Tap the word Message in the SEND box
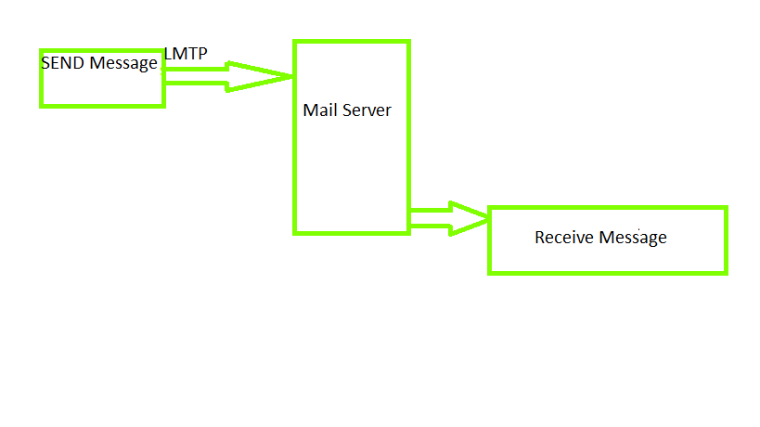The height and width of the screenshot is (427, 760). pos(123,63)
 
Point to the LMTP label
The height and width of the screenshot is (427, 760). pos(186,54)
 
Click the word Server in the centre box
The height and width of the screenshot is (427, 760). pos(367,110)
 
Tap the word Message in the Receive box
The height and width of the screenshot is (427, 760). pos(633,238)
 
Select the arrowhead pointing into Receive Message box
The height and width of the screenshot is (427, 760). pos(470,218)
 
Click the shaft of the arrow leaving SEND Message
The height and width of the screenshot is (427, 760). pos(196,76)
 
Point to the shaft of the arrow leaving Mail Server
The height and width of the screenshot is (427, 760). pos(429,218)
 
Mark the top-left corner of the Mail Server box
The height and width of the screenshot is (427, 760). pos(295,42)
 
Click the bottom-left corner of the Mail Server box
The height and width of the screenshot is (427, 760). pos(295,232)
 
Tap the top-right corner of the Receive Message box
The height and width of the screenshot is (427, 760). pos(725,209)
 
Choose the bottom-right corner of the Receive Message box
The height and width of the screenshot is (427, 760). pos(725,272)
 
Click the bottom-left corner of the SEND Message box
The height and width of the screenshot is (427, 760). pos(42,105)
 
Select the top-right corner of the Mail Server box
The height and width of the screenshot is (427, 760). pos(408,42)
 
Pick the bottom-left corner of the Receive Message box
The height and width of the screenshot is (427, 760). pos(490,272)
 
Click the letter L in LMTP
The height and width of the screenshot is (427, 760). pos(168,54)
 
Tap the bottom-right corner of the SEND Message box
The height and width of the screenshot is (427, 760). pos(163,105)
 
